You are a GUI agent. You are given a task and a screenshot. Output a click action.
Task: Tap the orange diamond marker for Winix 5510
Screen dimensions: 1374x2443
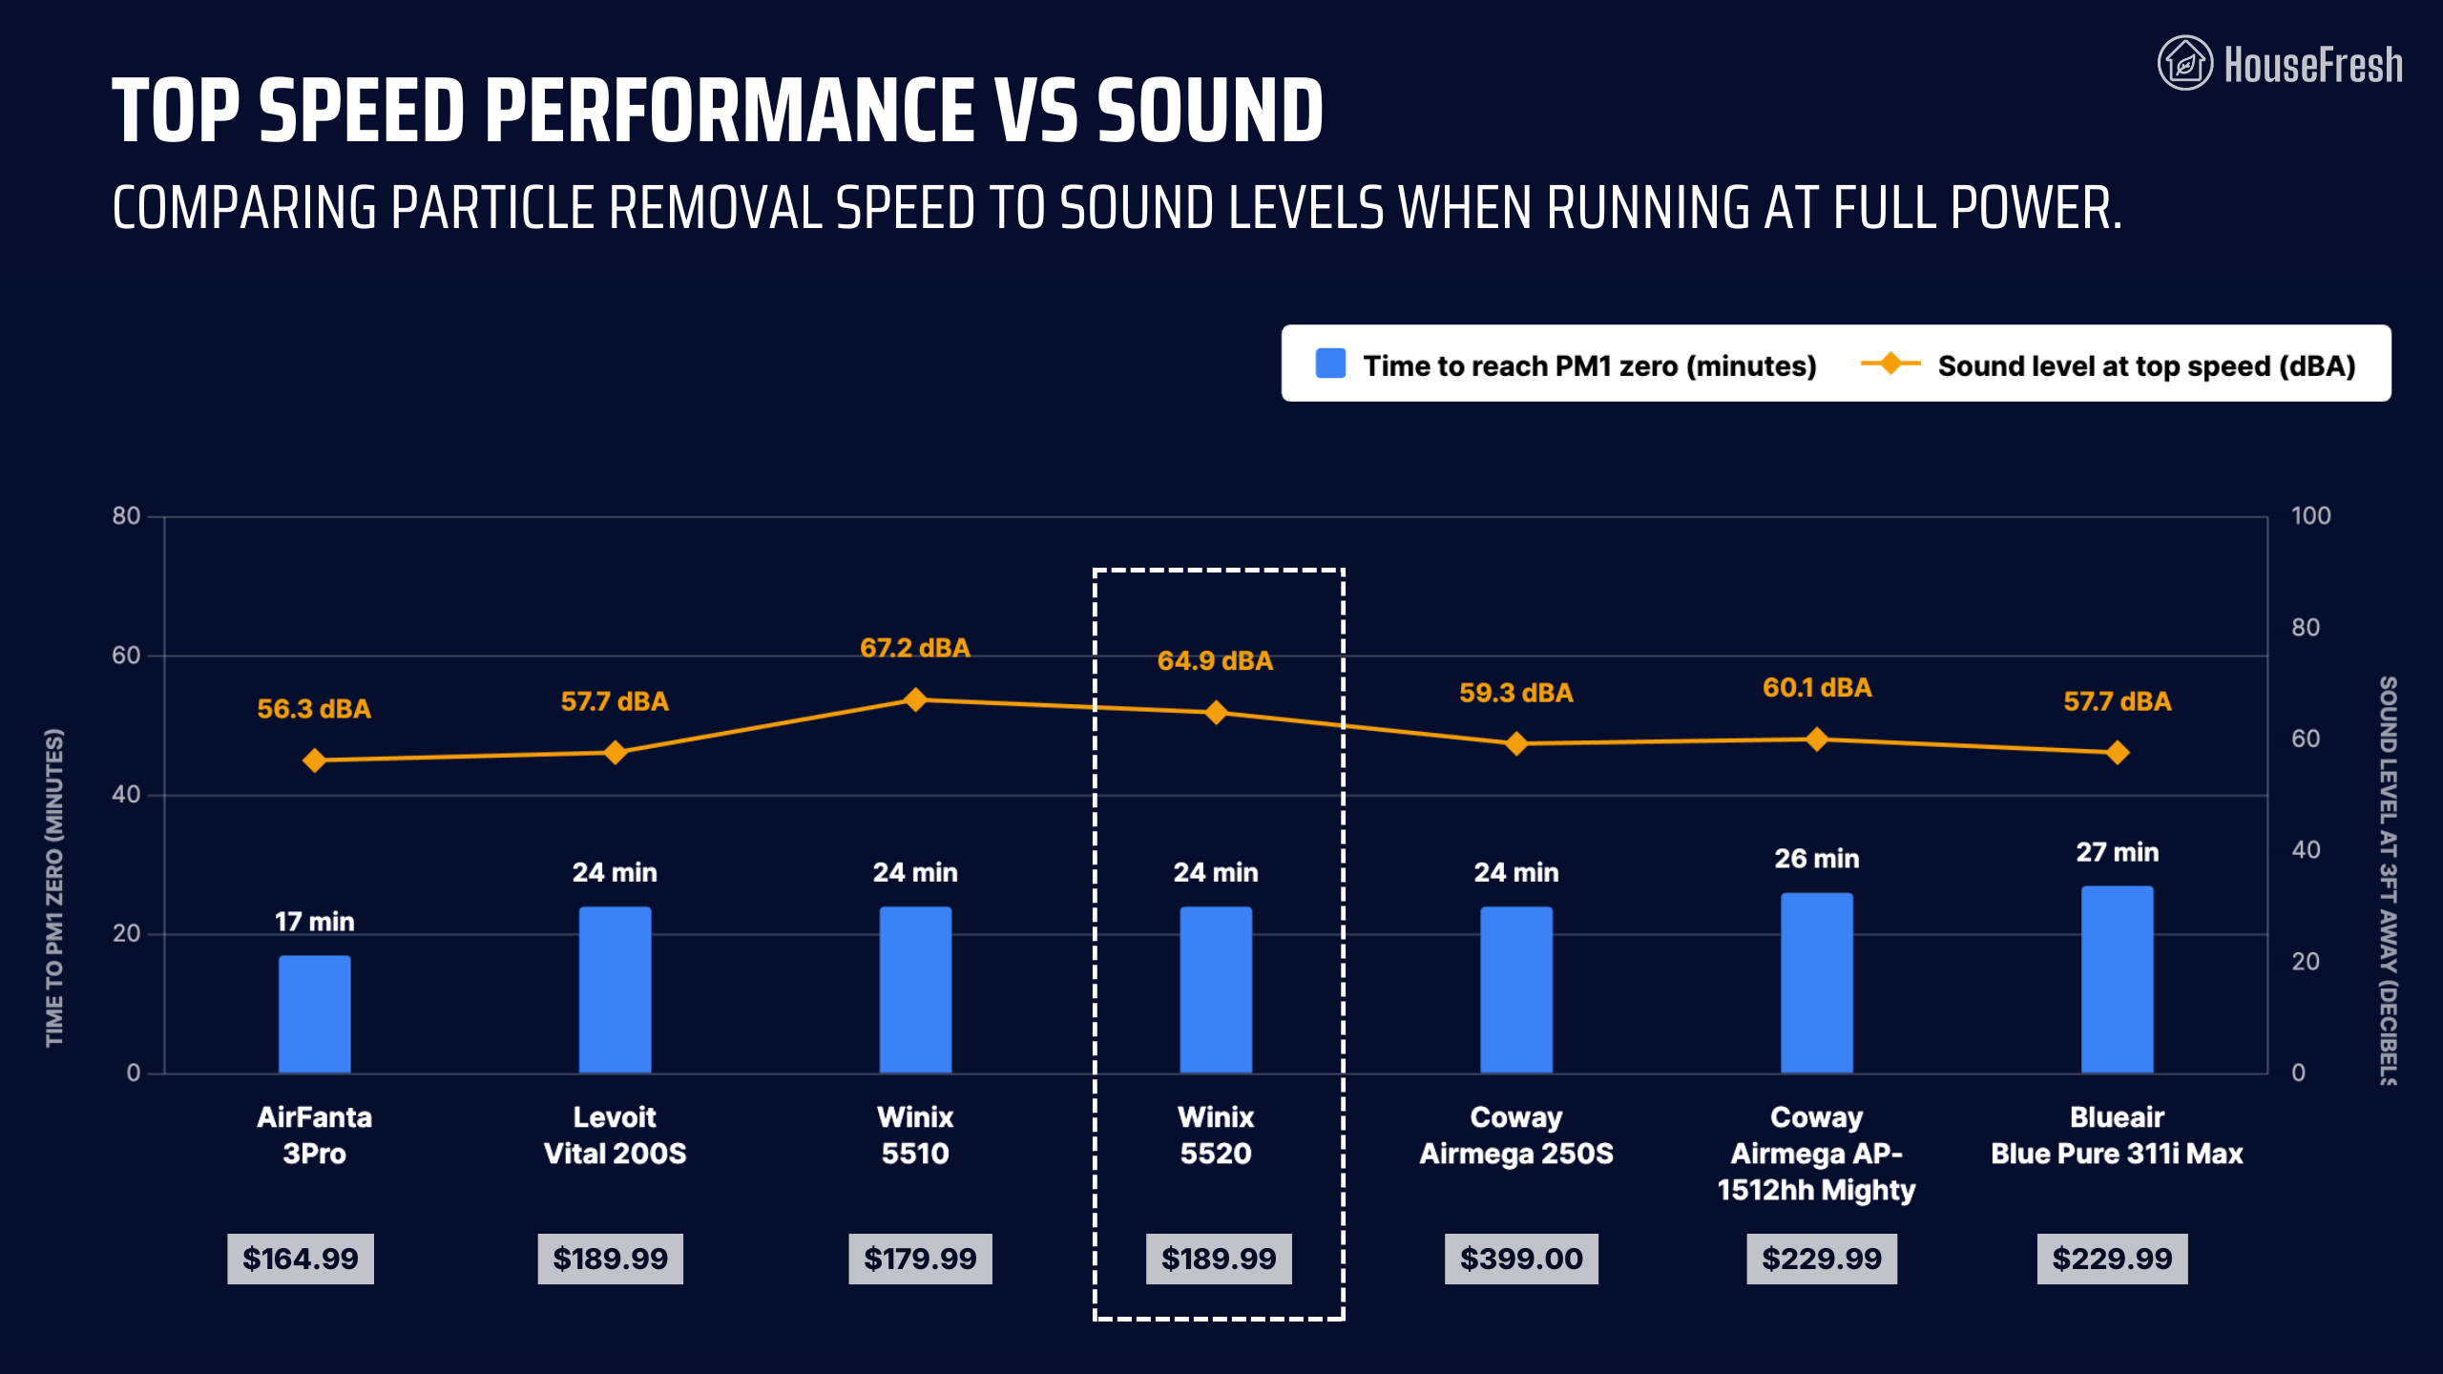[915, 699]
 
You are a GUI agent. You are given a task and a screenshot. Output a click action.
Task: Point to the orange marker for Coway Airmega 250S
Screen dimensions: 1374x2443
[1516, 743]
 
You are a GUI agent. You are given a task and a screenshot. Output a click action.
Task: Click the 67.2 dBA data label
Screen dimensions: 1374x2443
[914, 648]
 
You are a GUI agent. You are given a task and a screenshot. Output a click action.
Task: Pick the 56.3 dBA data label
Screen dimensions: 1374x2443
[313, 709]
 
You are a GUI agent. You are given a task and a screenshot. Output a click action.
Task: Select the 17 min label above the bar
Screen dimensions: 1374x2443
[314, 922]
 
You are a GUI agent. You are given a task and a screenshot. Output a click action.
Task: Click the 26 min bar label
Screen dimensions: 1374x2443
[1816, 859]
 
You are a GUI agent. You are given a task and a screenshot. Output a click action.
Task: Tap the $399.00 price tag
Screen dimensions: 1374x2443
[1521, 1259]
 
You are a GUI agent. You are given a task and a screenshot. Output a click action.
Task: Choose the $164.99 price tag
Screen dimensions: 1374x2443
[301, 1259]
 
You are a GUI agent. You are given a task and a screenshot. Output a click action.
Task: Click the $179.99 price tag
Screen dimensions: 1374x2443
[920, 1259]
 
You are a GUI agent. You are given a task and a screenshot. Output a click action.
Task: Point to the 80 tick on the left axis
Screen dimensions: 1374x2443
[126, 516]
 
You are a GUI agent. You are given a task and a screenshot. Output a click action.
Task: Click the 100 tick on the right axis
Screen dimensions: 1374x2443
[2310, 516]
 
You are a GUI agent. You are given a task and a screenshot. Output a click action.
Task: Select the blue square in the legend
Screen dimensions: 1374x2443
[1330, 364]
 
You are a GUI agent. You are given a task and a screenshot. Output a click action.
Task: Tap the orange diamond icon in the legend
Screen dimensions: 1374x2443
[1890, 364]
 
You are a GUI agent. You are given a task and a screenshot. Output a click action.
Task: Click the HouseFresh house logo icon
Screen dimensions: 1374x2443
[2184, 63]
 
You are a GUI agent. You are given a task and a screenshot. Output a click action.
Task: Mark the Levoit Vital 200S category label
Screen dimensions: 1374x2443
[615, 1135]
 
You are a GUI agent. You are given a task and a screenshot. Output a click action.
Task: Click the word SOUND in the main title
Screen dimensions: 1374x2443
[1210, 111]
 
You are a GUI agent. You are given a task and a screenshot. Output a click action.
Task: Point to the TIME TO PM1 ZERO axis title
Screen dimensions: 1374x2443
[54, 887]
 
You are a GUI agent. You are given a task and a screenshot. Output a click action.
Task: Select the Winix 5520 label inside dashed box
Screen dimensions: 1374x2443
[1216, 1135]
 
